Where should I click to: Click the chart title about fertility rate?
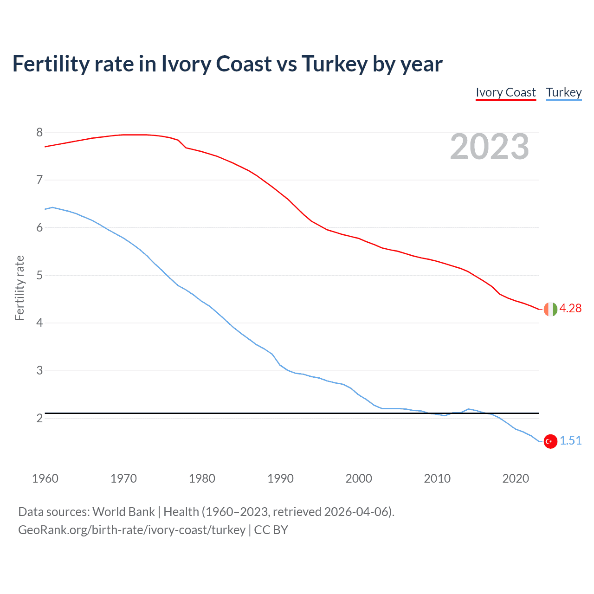(x=227, y=64)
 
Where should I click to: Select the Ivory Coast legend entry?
(x=505, y=92)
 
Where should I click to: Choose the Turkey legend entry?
(x=563, y=92)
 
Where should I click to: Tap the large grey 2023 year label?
(x=489, y=147)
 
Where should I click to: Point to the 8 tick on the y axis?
(x=39, y=132)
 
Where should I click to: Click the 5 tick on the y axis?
(x=39, y=275)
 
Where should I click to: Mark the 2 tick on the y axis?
(x=39, y=418)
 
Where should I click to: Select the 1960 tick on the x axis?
(x=45, y=478)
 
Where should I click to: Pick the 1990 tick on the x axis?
(x=280, y=478)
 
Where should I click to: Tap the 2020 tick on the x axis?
(x=516, y=478)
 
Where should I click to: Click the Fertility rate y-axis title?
(x=19, y=288)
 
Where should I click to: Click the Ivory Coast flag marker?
(x=550, y=309)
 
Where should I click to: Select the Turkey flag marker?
(x=550, y=441)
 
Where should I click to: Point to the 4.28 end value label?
(x=570, y=309)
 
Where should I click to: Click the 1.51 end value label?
(x=570, y=441)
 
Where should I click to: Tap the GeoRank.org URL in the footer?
(x=132, y=530)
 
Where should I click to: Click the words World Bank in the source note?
(x=123, y=512)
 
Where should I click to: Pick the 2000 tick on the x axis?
(x=359, y=478)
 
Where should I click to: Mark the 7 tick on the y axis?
(x=39, y=180)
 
